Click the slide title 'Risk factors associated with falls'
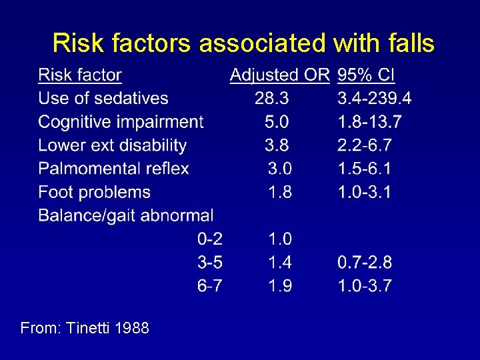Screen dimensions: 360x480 [243, 43]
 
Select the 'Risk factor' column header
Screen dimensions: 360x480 [80, 75]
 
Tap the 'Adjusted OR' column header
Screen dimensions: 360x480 [279, 75]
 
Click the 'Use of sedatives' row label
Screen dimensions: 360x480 [103, 99]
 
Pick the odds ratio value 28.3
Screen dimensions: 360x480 [272, 99]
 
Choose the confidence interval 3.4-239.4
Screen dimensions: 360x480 [375, 99]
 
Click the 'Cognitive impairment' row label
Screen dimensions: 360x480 [121, 122]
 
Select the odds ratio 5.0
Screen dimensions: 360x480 [277, 122]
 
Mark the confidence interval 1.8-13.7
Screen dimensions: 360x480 [369, 122]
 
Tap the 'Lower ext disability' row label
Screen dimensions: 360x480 [112, 145]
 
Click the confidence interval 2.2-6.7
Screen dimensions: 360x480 [365, 145]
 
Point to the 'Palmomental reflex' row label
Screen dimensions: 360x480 [113, 169]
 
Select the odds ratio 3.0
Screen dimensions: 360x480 [280, 169]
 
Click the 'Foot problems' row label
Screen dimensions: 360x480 [94, 192]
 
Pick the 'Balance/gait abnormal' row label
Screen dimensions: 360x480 [126, 215]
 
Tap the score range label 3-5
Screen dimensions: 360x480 [210, 263]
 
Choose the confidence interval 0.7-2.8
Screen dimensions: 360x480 [365, 263]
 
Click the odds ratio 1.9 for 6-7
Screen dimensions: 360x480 [280, 286]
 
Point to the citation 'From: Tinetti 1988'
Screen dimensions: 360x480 [85, 328]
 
